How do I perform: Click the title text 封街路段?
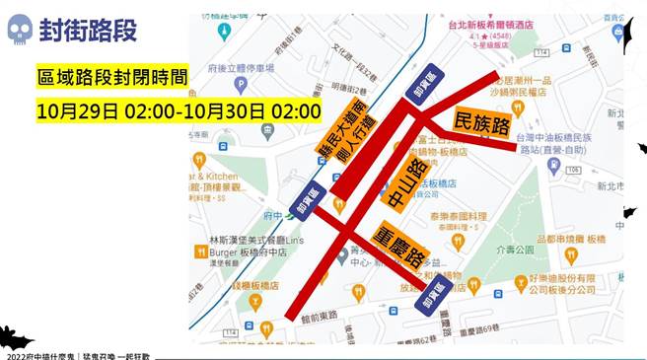point(88,31)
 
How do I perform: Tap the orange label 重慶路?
point(387,250)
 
